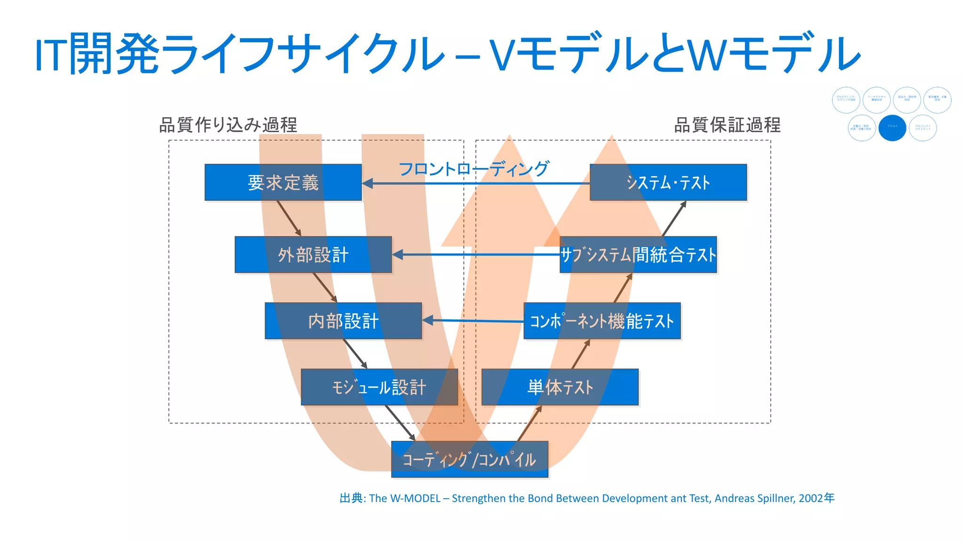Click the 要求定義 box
point(283,183)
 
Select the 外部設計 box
point(313,255)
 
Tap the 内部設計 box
point(343,321)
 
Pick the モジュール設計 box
point(379,387)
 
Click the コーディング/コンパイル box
point(469,459)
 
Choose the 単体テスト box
point(560,387)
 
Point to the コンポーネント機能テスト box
point(602,321)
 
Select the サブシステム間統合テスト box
point(638,255)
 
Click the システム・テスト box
point(668,183)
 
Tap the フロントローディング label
point(474,168)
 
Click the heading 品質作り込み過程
point(228,125)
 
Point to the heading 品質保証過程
point(727,125)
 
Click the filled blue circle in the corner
point(892,128)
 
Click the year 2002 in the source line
point(811,498)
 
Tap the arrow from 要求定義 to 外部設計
point(289,218)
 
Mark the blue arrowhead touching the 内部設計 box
point(427,320)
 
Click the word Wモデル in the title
point(774,53)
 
